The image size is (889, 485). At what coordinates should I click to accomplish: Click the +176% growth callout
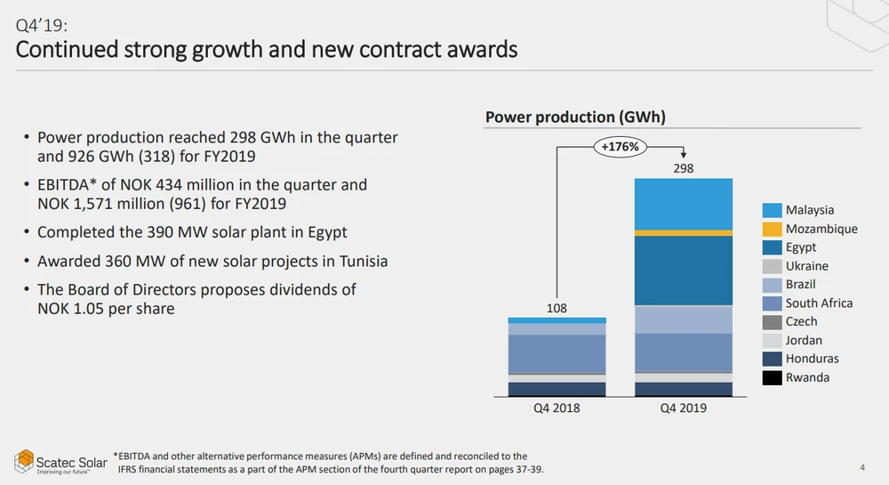[x=620, y=147]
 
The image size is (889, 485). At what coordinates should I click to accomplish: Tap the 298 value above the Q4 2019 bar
[x=684, y=168]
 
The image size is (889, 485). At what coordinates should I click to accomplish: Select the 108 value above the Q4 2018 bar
[x=557, y=308]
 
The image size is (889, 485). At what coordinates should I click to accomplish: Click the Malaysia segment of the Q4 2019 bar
[x=684, y=204]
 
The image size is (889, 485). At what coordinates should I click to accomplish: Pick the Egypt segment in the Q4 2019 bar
[x=684, y=271]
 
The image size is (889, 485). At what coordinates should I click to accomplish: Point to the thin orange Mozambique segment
[x=684, y=232]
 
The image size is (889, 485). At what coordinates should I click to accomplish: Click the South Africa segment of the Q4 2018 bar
[x=557, y=352]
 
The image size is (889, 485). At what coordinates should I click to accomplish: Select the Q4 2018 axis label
[x=557, y=408]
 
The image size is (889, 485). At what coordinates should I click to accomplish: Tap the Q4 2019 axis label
[x=684, y=408]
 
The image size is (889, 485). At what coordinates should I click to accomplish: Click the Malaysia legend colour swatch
[x=772, y=211]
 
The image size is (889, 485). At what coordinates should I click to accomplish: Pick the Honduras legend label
[x=812, y=359]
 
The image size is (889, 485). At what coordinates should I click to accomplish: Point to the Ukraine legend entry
[x=806, y=266]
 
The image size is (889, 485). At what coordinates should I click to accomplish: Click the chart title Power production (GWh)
[x=575, y=117]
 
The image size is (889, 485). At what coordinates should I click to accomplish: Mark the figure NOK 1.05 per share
[x=106, y=309]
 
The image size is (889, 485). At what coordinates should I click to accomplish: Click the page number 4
[x=862, y=468]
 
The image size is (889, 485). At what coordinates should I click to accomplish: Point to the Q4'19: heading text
[x=42, y=25]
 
